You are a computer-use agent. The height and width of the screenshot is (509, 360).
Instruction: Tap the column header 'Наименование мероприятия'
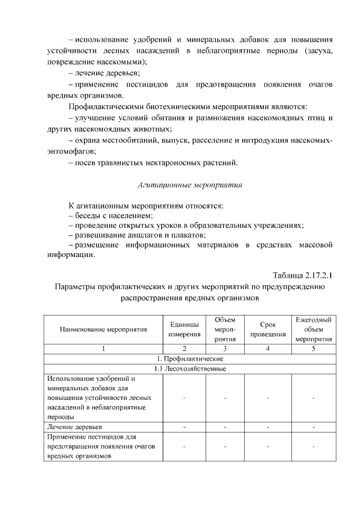point(103,330)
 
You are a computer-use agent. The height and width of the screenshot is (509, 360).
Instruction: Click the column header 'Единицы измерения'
point(184,330)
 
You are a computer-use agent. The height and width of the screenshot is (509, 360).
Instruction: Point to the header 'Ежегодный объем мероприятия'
point(313,330)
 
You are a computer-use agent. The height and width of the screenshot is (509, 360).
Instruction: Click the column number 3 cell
point(226,349)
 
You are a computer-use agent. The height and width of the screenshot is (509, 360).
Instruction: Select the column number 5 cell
point(313,349)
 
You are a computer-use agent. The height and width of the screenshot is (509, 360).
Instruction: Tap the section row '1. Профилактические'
point(190,359)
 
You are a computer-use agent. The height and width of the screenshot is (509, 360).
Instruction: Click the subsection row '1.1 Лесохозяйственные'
point(190,369)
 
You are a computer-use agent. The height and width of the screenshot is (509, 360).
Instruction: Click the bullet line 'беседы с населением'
point(110,215)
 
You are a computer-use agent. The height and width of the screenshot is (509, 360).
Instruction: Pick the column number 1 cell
point(103,349)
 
